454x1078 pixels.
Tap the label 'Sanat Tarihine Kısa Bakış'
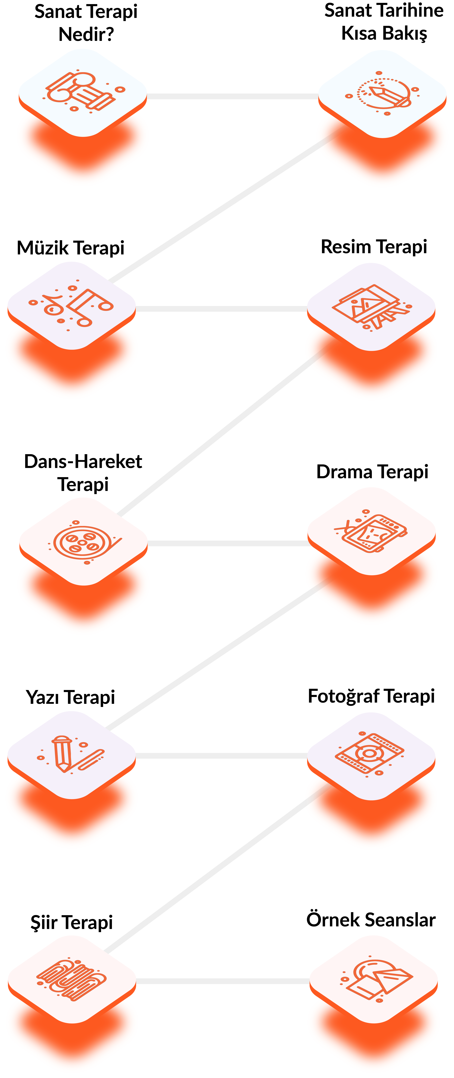[384, 22]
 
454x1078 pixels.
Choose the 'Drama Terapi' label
[372, 472]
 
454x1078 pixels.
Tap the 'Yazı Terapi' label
[70, 697]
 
